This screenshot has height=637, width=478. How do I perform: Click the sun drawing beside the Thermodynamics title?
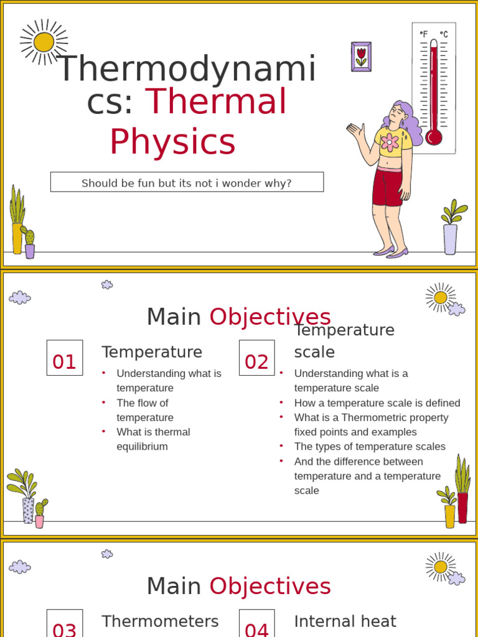[44, 42]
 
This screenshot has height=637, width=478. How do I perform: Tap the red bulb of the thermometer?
[434, 137]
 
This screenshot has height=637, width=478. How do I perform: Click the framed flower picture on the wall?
[361, 57]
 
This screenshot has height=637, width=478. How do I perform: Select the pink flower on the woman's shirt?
[390, 142]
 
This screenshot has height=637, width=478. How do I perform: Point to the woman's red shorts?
[387, 187]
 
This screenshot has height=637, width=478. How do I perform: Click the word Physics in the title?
[172, 142]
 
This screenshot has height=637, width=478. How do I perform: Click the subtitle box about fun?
[187, 183]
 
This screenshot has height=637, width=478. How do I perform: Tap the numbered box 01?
[64, 358]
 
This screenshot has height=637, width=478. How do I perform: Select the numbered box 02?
[256, 358]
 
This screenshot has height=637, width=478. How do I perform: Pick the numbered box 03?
[64, 625]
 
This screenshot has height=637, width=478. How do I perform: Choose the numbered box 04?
[256, 625]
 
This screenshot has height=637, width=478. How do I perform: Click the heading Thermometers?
[160, 621]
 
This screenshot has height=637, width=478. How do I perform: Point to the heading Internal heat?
[345, 621]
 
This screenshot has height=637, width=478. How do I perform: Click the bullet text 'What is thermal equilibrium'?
[153, 439]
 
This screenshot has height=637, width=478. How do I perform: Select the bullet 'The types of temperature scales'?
[370, 447]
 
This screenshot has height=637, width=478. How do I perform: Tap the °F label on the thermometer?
[424, 35]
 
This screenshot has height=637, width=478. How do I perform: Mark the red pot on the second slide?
[462, 508]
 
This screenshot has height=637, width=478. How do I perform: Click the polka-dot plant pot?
[28, 510]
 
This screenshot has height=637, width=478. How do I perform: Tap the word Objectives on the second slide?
[269, 317]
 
